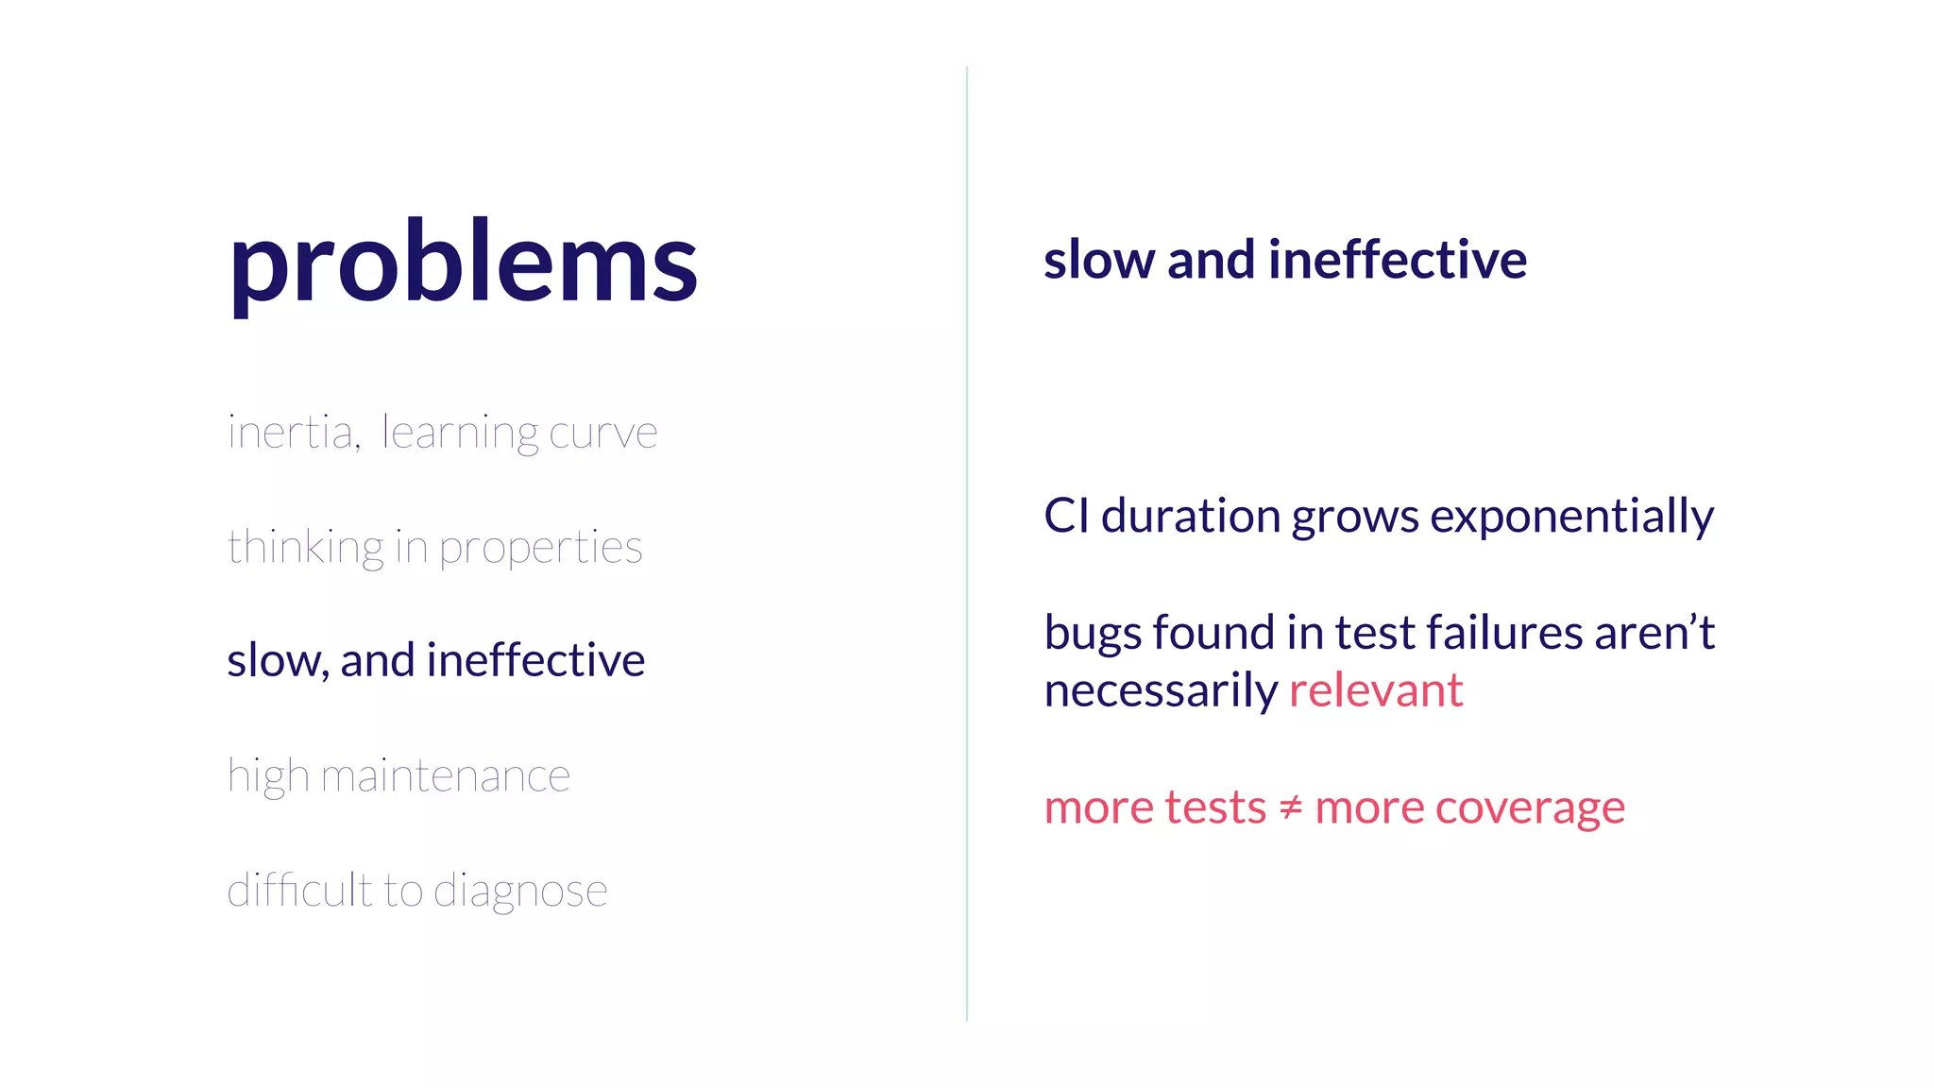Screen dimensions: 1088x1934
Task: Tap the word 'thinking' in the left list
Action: click(x=305, y=548)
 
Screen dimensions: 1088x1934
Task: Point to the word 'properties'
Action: click(x=540, y=548)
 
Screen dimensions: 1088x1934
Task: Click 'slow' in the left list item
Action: click(x=274, y=660)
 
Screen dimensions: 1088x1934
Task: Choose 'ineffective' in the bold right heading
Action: click(x=1397, y=260)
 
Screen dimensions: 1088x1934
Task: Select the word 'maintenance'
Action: click(x=445, y=776)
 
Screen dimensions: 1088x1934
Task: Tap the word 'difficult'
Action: click(x=298, y=890)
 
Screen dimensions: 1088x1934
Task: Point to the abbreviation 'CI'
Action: click(x=1065, y=517)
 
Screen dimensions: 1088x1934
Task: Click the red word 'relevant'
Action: click(x=1376, y=690)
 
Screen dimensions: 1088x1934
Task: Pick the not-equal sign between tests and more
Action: click(x=1290, y=807)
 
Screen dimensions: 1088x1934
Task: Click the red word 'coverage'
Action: click(x=1530, y=808)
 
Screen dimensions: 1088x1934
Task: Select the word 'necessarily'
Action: click(x=1161, y=691)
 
